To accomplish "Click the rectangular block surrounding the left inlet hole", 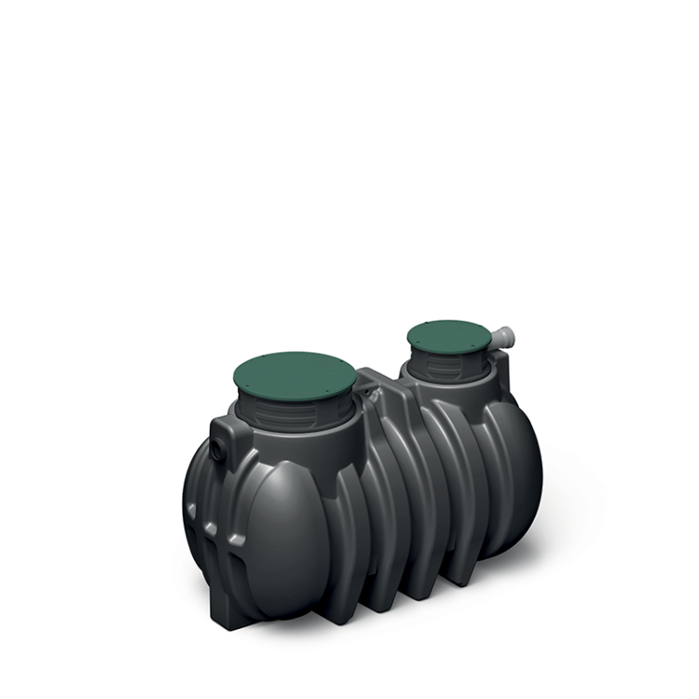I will click(224, 438).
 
